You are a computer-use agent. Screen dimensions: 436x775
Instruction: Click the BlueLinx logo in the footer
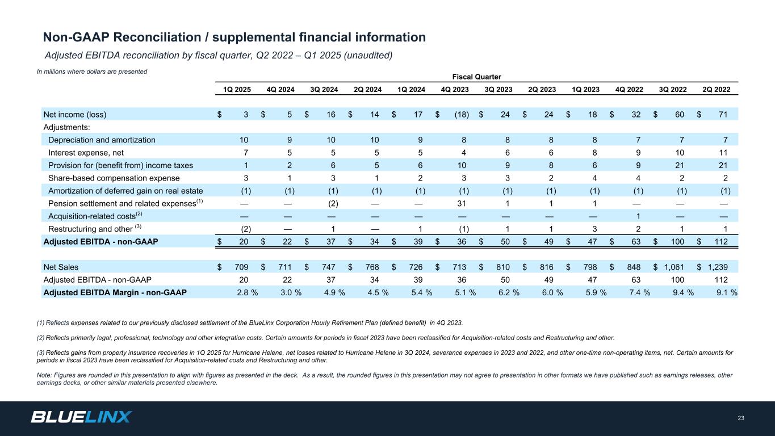point(81,417)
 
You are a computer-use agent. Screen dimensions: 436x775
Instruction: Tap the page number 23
point(741,418)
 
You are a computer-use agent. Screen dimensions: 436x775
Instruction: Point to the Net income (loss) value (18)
point(461,115)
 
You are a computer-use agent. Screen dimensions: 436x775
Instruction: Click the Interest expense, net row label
point(86,153)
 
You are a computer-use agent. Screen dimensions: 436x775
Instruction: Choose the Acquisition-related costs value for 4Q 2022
point(638,216)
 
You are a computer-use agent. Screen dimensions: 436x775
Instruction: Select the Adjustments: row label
point(67,128)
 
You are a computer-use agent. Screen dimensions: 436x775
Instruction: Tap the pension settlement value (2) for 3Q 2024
point(333,203)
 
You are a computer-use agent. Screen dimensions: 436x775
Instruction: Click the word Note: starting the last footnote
point(44,375)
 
